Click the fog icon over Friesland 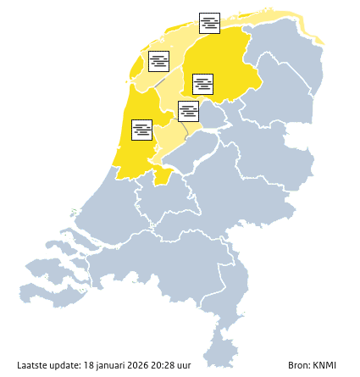[203, 84]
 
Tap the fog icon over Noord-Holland [142, 129]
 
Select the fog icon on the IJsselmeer [189, 111]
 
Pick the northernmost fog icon [210, 23]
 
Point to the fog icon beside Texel [159, 61]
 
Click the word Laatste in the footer [31, 365]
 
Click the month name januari [113, 365]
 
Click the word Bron [299, 365]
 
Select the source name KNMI [324, 365]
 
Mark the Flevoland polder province [208, 144]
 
